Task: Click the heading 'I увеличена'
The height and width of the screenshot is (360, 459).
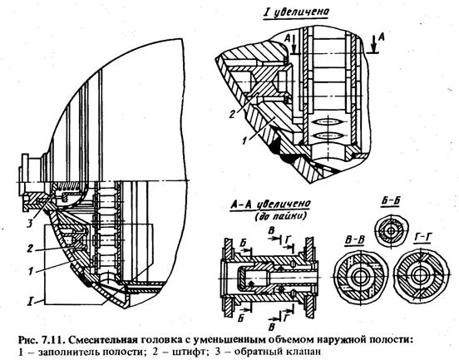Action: (295, 12)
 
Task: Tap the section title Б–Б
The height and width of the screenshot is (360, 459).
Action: (391, 202)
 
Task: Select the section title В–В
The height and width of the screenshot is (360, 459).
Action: (354, 239)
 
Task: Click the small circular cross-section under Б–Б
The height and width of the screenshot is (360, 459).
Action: (392, 231)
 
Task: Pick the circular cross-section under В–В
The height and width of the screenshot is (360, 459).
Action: (361, 276)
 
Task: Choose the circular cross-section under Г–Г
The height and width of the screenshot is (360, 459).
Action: (421, 275)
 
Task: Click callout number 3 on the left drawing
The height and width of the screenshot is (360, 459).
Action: (30, 224)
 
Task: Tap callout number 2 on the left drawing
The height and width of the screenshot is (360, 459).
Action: (29, 249)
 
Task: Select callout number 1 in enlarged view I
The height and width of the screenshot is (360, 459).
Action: (244, 141)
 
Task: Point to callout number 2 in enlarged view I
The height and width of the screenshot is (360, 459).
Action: (232, 113)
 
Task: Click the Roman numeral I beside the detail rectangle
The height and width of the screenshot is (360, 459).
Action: (29, 301)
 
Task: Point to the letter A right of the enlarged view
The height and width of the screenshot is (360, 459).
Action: (381, 37)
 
